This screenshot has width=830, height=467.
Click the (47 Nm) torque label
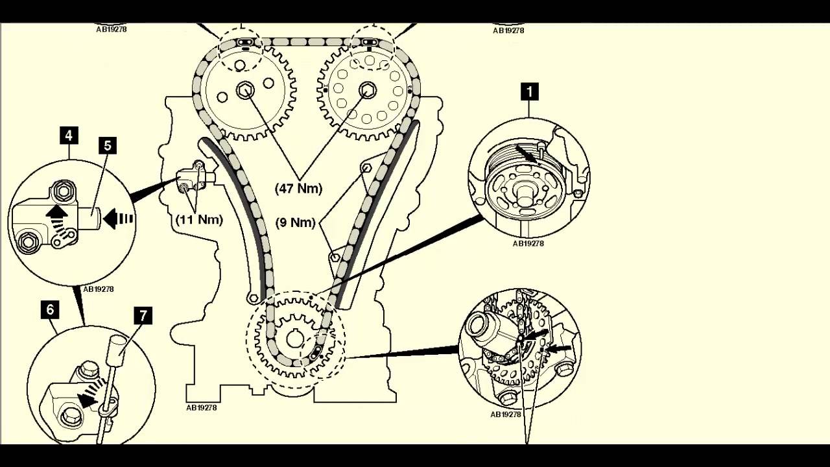pyautogui.click(x=298, y=189)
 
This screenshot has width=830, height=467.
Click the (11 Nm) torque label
pyautogui.click(x=199, y=220)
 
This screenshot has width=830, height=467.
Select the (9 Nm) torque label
pyautogui.click(x=295, y=222)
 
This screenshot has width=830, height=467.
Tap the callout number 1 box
pyautogui.click(x=529, y=91)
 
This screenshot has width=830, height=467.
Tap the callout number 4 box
pyautogui.click(x=68, y=136)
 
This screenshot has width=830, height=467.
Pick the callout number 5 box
pyautogui.click(x=108, y=145)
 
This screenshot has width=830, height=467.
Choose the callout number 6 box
pyautogui.click(x=50, y=309)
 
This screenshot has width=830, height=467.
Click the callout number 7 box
pyautogui.click(x=143, y=316)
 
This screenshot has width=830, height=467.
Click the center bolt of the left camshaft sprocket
pyautogui.click(x=245, y=90)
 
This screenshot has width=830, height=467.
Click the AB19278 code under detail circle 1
pyautogui.click(x=528, y=244)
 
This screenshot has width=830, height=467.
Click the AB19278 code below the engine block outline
pyautogui.click(x=201, y=408)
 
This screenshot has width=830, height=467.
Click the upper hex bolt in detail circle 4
pyautogui.click(x=63, y=191)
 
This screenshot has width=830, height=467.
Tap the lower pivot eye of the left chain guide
pyautogui.click(x=254, y=298)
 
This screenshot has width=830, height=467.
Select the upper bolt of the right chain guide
pyautogui.click(x=365, y=169)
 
